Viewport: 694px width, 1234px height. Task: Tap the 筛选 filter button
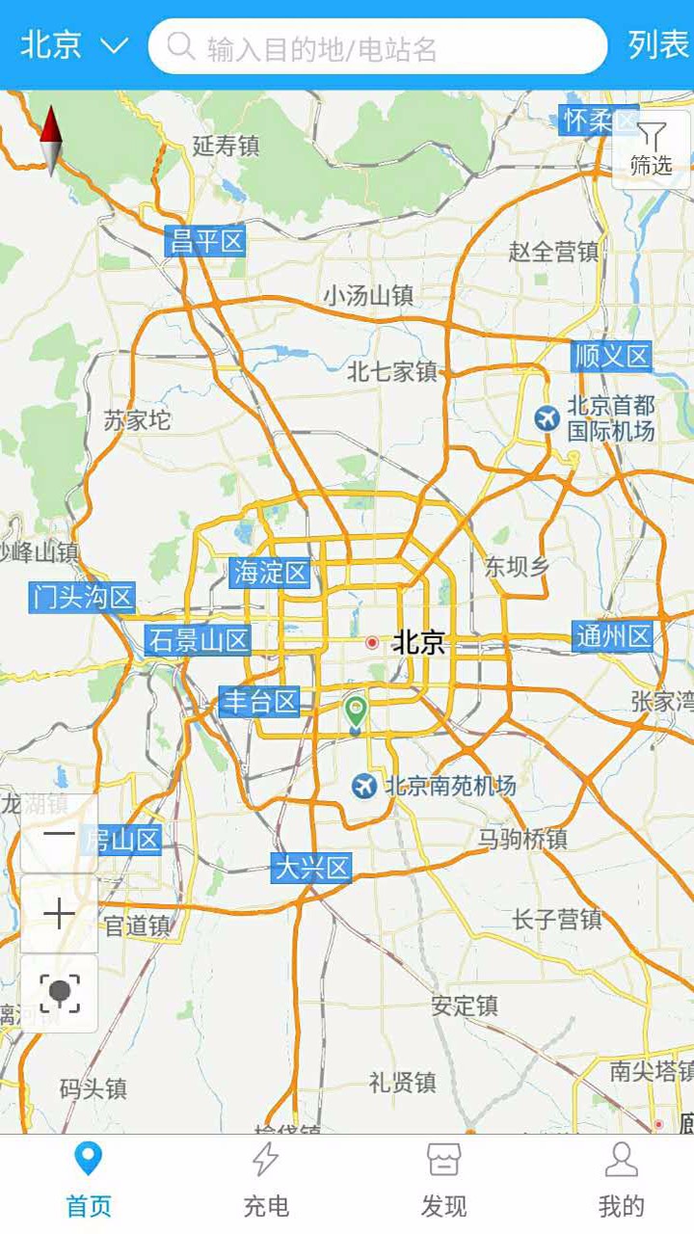click(x=652, y=149)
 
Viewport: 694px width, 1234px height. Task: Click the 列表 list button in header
click(x=658, y=45)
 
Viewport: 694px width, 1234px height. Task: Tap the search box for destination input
click(x=378, y=46)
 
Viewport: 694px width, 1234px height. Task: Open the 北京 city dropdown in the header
click(x=73, y=45)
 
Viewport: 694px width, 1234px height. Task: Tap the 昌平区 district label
click(x=205, y=241)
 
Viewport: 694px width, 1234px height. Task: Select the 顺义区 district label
click(x=612, y=357)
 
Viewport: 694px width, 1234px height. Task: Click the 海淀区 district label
click(x=270, y=573)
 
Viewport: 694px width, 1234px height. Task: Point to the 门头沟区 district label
click(x=82, y=597)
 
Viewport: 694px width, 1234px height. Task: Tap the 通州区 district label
click(x=613, y=636)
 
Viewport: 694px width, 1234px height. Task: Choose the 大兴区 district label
click(x=311, y=868)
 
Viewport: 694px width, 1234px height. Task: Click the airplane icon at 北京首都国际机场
click(x=547, y=418)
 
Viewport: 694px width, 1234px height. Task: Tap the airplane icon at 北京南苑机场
click(x=363, y=786)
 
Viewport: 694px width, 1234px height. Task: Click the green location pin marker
click(x=356, y=711)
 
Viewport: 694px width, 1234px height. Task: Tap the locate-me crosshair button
click(x=59, y=994)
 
